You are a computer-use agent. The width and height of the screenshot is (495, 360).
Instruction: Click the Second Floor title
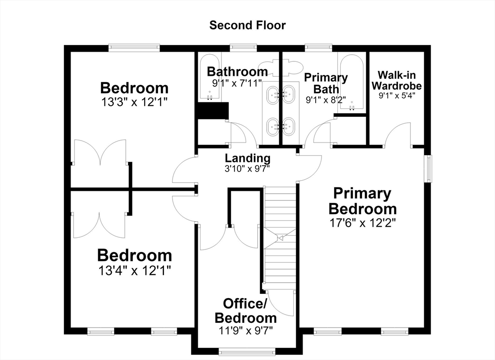(x=247, y=25)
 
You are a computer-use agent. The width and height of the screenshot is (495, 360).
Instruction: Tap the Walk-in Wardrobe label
(x=396, y=80)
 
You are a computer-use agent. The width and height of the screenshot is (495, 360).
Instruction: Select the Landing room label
(x=247, y=158)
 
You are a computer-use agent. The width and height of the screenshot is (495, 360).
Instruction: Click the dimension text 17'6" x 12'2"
(x=363, y=223)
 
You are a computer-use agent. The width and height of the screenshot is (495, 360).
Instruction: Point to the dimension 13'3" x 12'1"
(x=134, y=102)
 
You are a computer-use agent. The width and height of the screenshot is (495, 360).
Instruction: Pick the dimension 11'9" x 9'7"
(x=246, y=331)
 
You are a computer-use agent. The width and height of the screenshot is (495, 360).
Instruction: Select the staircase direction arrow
(x=280, y=238)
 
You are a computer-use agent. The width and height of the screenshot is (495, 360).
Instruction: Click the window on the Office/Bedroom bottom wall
(x=247, y=351)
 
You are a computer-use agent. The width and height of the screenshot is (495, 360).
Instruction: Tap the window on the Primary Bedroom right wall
(x=428, y=169)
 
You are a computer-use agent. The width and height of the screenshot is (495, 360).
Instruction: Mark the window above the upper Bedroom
(x=134, y=48)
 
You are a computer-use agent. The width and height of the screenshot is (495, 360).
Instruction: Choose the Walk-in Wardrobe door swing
(x=398, y=135)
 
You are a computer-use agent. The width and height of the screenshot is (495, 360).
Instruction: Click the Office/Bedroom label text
(x=246, y=310)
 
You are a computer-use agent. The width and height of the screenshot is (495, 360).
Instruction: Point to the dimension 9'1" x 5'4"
(x=397, y=95)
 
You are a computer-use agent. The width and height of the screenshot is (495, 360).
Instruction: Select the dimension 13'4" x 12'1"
(x=135, y=270)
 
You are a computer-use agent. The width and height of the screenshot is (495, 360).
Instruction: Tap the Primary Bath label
(x=326, y=83)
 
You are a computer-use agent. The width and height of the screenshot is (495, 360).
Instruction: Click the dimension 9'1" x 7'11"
(x=237, y=83)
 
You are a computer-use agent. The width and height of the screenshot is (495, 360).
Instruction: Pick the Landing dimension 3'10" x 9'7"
(x=247, y=169)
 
